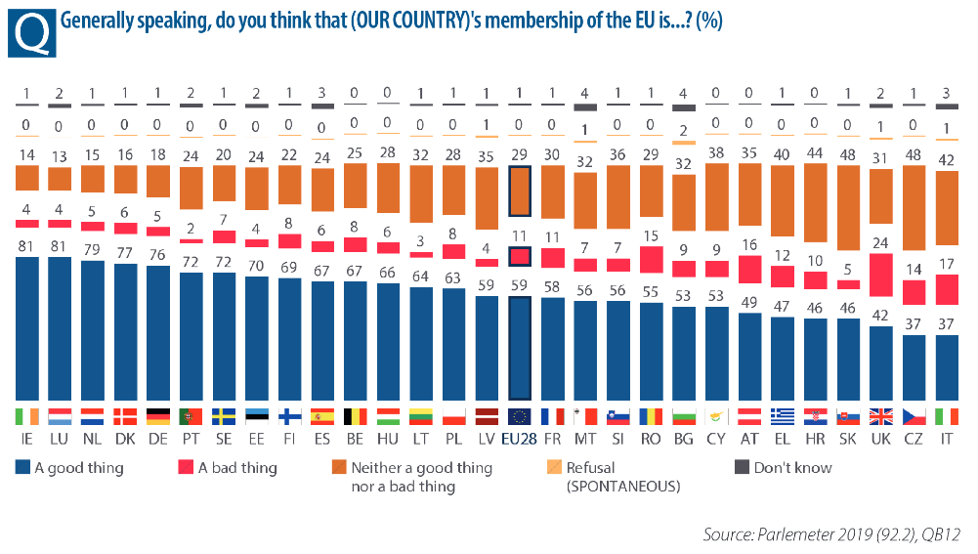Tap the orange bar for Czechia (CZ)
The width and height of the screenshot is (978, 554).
point(914,222)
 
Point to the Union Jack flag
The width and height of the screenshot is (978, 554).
point(882,415)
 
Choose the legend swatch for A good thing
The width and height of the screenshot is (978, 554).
point(22,468)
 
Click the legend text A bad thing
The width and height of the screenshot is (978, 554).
point(237,468)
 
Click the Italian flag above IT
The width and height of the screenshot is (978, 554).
point(947,415)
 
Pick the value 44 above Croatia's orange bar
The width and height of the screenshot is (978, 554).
point(817,153)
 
